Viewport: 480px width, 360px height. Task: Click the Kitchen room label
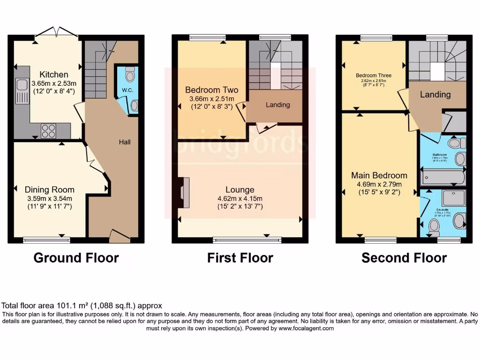[53, 75]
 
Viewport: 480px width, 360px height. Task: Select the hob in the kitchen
[48, 131]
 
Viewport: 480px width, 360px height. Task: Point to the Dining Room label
[50, 190]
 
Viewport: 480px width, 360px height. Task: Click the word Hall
[124, 142]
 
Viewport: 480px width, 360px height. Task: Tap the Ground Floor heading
[76, 258]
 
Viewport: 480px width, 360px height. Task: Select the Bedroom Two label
[211, 90]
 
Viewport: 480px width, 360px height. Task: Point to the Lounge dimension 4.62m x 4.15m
[240, 198]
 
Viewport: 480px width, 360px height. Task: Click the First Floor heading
[240, 258]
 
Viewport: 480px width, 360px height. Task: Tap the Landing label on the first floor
[277, 105]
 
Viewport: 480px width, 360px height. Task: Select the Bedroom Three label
[374, 75]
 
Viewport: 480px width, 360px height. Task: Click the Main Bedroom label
[379, 175]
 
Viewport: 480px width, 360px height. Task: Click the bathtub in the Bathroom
[442, 178]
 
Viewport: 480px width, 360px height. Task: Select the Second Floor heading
[404, 258]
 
